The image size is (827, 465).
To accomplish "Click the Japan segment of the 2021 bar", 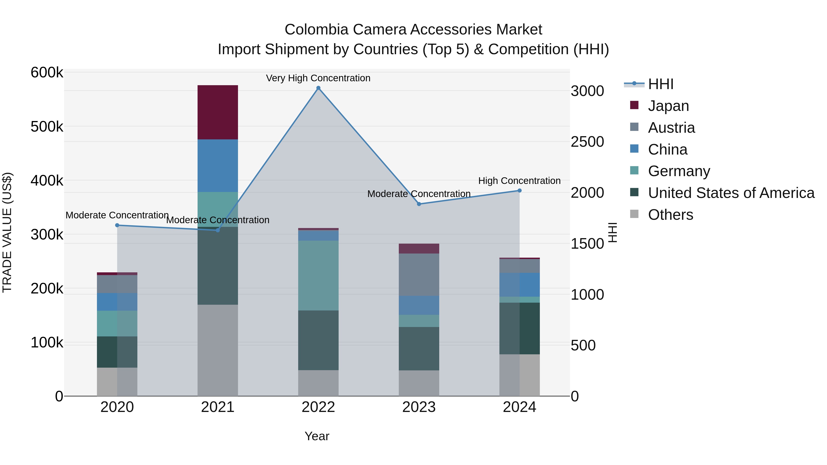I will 218,112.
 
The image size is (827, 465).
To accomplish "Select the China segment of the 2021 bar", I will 218,166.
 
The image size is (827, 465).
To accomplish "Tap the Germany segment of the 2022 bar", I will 318,275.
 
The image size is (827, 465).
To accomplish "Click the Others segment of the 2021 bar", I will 218,350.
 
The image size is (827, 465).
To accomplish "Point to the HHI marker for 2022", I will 318,88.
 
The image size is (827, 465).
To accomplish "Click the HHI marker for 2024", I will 519,191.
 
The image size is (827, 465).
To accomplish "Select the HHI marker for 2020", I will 117,225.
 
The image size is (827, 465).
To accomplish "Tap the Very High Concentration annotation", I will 318,78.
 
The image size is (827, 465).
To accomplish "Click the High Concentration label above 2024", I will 519,181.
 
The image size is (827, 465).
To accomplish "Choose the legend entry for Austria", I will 671,128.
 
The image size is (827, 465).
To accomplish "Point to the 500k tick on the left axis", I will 47,127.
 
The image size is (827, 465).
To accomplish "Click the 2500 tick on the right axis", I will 587,142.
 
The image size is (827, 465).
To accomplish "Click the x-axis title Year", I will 317,436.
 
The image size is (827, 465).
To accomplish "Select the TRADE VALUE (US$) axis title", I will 7,232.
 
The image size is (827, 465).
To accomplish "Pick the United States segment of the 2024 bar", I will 519,328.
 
